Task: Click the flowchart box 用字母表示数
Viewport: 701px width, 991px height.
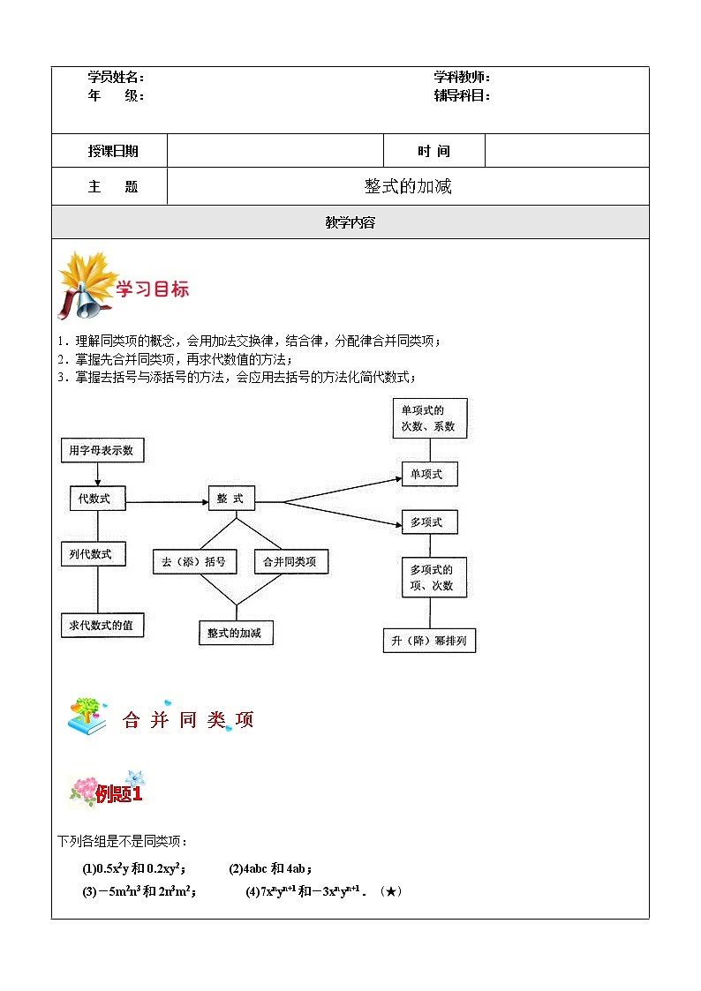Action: (x=102, y=450)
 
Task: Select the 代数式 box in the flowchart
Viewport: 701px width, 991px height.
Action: (x=97, y=499)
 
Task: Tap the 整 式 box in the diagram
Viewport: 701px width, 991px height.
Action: (x=231, y=499)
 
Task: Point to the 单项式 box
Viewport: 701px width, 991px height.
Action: (x=429, y=475)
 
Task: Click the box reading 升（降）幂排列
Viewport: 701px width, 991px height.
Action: (x=429, y=641)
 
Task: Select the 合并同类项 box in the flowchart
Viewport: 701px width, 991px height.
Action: (x=290, y=561)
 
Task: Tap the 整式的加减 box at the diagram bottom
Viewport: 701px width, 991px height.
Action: (x=235, y=633)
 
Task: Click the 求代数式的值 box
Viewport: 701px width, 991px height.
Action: (x=102, y=625)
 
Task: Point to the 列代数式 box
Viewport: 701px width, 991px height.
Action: (x=92, y=554)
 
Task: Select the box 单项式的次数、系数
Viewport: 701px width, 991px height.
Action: (x=429, y=418)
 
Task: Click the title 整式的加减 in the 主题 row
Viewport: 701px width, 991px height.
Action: (x=408, y=186)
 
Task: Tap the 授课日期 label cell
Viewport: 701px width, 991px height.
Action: (x=113, y=151)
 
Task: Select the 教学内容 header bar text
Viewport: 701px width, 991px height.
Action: (x=350, y=222)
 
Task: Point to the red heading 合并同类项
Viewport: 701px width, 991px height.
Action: (x=188, y=720)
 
